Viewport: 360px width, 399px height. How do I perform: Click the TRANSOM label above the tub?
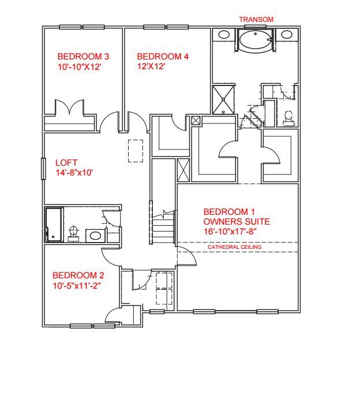(256, 20)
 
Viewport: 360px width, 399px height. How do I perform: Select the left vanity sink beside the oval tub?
(223, 35)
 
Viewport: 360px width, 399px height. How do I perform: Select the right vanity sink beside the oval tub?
(287, 35)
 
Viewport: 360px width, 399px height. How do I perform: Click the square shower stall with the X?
(223, 99)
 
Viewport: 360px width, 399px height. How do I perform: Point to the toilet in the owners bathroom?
(288, 117)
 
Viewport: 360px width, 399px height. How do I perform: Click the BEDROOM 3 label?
(83, 57)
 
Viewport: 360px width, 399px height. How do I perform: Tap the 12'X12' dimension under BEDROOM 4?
(151, 66)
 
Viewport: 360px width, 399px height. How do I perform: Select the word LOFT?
(66, 163)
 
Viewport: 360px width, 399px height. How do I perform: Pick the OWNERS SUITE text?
(237, 221)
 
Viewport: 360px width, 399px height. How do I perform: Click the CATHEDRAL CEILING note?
(234, 247)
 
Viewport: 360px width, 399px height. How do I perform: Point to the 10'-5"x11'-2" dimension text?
(77, 285)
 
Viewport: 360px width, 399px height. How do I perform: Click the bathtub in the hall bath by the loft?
(54, 225)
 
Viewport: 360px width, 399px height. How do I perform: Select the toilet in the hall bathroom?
(73, 233)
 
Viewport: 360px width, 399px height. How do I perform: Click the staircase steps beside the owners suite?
(163, 229)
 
